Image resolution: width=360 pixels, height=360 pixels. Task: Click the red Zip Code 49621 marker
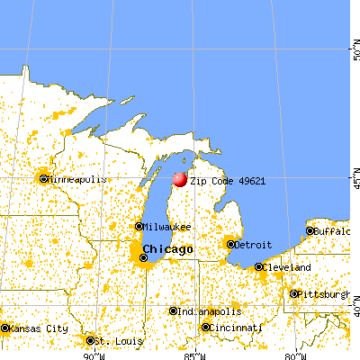tap(179, 179)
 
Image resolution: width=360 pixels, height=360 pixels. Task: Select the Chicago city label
tap(167, 248)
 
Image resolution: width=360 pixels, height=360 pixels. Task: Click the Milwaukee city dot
tap(139, 226)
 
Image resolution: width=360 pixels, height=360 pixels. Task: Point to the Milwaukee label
tap(166, 226)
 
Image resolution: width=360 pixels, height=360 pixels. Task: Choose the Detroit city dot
tap(230, 244)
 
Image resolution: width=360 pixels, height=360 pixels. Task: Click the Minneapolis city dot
tap(42, 178)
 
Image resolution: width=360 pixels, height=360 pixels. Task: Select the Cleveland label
tap(287, 267)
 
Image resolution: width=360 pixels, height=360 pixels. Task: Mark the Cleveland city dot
tap(259, 267)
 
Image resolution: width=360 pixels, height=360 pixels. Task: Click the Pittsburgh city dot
tap(293, 293)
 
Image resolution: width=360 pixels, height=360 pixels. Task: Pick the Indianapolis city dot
tap(173, 311)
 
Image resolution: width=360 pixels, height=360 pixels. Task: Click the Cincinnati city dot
tap(206, 328)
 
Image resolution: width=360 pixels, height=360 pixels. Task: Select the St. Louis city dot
tap(90, 340)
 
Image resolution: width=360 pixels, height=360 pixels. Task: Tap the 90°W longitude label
tap(92, 354)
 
